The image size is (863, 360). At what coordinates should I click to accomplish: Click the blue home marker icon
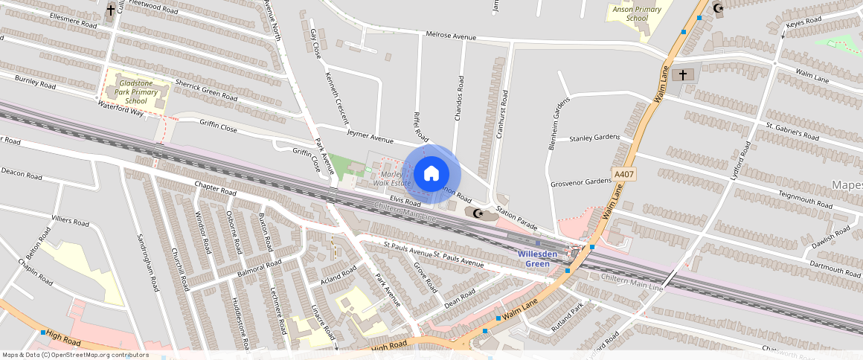[x=431, y=174]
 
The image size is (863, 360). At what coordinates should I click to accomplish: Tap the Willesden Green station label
[x=538, y=258]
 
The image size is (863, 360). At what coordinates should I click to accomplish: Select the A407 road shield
[x=624, y=174]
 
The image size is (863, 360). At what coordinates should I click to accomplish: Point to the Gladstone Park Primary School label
[x=136, y=92]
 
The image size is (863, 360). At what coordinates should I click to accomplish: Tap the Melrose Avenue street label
[x=450, y=36]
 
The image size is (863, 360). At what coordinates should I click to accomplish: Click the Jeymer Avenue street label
[x=370, y=136]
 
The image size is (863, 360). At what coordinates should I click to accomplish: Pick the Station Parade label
[x=516, y=218]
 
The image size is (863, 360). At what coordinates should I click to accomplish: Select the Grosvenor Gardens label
[x=581, y=182]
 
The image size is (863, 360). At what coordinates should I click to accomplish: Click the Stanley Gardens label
[x=594, y=138]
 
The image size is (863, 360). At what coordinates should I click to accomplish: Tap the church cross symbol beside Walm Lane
[x=681, y=75]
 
